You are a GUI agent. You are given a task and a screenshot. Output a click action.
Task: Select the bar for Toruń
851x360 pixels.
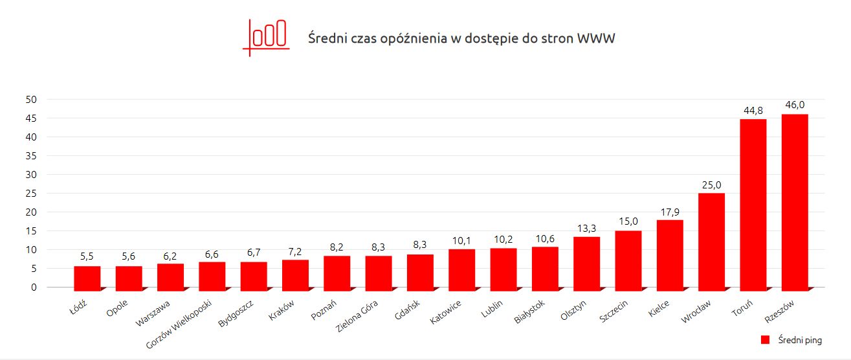point(753,203)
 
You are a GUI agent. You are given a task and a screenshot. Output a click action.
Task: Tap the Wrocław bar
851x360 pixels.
point(712,240)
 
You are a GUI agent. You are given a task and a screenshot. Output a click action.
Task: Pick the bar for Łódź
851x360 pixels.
point(87,276)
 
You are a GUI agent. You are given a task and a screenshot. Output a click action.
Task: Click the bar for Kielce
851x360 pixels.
point(670,253)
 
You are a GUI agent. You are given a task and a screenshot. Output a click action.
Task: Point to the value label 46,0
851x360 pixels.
point(795,105)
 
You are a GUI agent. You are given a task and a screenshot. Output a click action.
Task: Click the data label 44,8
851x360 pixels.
point(753,110)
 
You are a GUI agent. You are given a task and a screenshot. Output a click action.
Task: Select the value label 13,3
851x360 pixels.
point(586,228)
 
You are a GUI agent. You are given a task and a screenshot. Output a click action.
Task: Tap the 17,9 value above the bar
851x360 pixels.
point(670,211)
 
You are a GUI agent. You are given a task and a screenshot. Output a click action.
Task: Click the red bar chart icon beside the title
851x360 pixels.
point(265,37)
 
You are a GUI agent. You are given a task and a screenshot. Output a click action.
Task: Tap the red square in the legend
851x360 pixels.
point(764,340)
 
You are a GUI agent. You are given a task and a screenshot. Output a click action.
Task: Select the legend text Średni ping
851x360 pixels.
point(800,340)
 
